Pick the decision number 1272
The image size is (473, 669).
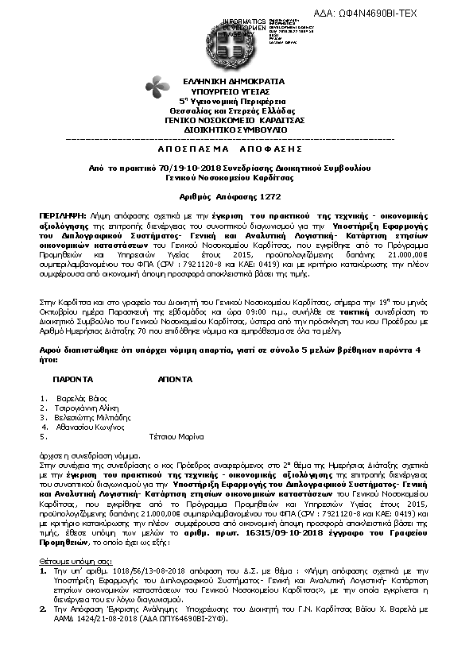[269, 196]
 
